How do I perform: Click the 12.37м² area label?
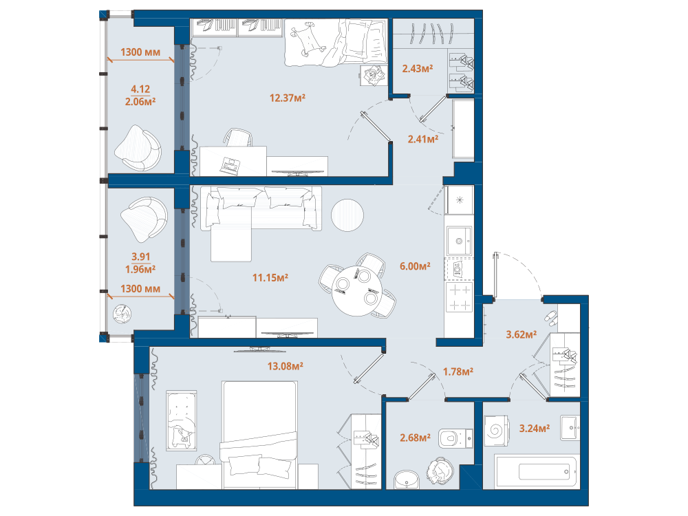(x=288, y=98)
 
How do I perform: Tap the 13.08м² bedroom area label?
(x=286, y=366)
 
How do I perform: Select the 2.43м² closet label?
(x=418, y=68)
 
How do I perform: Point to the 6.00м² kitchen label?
(x=415, y=266)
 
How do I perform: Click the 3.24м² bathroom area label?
(x=535, y=428)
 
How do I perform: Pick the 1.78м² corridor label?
(x=458, y=372)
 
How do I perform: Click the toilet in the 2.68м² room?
(x=455, y=438)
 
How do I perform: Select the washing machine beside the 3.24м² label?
(x=496, y=431)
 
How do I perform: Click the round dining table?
(x=358, y=291)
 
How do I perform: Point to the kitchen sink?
(x=459, y=240)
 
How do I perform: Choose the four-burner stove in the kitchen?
(x=459, y=297)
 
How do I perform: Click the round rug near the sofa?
(x=347, y=215)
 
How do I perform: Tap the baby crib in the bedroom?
(x=181, y=420)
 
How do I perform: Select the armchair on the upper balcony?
(x=138, y=149)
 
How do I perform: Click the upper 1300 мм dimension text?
(x=140, y=52)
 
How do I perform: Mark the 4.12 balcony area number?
(x=140, y=89)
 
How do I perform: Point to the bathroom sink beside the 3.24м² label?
(x=570, y=428)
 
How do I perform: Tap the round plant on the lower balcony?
(x=122, y=314)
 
